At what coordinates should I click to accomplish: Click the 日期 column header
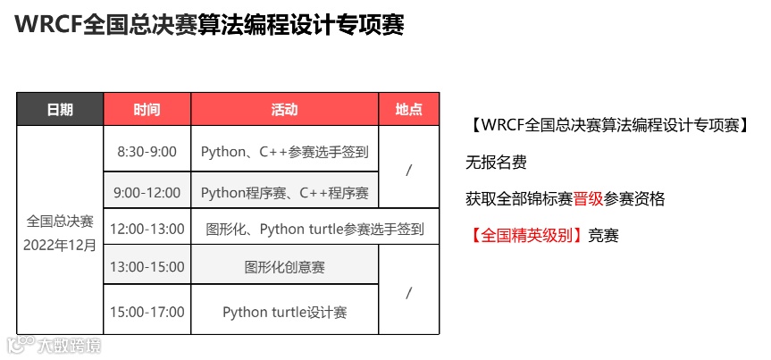pos(61,110)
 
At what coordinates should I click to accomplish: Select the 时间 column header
pos(147,110)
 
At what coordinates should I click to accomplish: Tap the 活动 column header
pos(284,110)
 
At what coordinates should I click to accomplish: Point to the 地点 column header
pos(408,110)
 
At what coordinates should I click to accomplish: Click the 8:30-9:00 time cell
pos(147,152)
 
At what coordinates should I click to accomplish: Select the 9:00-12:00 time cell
pos(147,192)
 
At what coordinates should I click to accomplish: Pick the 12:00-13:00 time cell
pos(147,230)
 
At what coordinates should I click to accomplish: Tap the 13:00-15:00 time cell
pos(147,266)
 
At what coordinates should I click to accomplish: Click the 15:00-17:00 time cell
pos(147,312)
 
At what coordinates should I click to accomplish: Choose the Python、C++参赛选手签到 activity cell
pos(284,152)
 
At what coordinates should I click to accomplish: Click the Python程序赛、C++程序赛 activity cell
pos(284,192)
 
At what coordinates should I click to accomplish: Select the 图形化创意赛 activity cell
pos(284,266)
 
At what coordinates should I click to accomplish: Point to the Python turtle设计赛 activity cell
pos(284,312)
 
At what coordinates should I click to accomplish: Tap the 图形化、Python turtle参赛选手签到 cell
pos(315,230)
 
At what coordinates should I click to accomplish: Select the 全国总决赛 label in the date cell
pos(61,221)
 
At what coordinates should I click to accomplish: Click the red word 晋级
pos(589,198)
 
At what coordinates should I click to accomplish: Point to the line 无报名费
pos(496,162)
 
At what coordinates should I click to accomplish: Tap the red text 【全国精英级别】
pos(526,236)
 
